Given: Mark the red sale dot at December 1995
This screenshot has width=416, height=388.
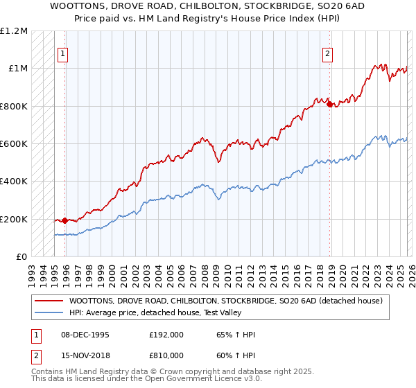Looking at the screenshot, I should (x=65, y=221).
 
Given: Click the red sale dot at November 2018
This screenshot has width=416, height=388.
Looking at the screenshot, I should (x=329, y=105).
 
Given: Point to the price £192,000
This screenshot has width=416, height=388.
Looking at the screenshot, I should (x=166, y=335).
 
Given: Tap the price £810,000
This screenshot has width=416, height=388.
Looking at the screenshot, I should (x=166, y=356).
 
